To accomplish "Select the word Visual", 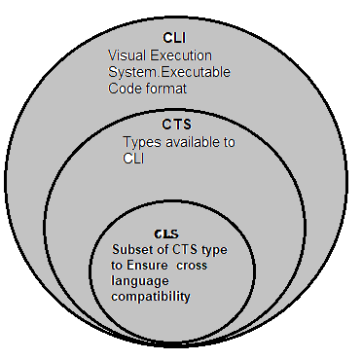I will pyautogui.click(x=127, y=54).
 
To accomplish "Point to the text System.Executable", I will pyautogui.click(x=164, y=71).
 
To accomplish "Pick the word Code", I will pyautogui.click(x=124, y=89).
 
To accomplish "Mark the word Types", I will pyautogui.click(x=140, y=142).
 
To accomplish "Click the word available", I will pyautogui.click(x=192, y=142).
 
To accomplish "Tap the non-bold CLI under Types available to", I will pyautogui.click(x=133, y=159).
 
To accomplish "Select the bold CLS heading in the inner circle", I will pyautogui.click(x=166, y=234).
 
